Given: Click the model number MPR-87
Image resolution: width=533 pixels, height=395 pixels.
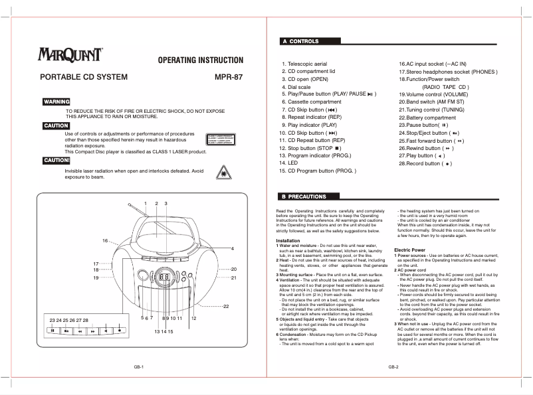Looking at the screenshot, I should (x=229, y=77).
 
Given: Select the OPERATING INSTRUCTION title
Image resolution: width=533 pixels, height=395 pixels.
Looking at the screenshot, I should (x=200, y=60).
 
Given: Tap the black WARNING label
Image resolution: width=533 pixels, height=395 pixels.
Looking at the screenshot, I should (x=56, y=102).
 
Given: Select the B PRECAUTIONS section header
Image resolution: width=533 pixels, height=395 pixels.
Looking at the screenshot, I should (x=304, y=197).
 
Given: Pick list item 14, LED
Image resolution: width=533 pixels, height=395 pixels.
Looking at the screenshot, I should (x=288, y=163).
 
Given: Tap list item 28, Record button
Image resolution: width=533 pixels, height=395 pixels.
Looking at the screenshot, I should (x=425, y=163).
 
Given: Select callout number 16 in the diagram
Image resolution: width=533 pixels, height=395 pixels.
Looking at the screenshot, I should (x=105, y=240).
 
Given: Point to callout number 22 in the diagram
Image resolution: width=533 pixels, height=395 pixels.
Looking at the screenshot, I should (x=226, y=306).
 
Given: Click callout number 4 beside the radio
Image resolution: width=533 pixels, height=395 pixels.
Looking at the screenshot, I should (x=233, y=249).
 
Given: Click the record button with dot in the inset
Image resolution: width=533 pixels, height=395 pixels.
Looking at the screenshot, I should (x=120, y=329).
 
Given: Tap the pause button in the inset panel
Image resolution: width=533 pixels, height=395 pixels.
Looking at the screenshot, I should (x=53, y=329).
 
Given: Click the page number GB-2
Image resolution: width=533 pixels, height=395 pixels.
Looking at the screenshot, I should (x=393, y=367).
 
